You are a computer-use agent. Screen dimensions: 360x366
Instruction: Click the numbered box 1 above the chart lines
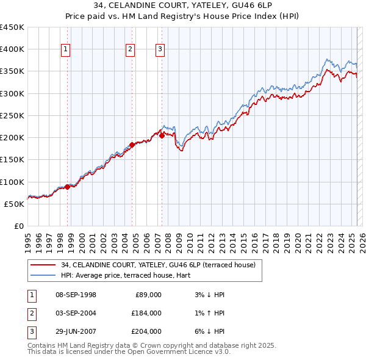65,50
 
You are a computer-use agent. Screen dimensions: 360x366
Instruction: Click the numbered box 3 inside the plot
160,50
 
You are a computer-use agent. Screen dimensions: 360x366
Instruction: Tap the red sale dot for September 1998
67,187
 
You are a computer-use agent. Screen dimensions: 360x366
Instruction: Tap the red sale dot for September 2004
132,145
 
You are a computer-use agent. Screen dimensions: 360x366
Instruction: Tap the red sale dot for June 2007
162,136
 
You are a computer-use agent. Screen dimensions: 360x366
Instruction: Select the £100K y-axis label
12,182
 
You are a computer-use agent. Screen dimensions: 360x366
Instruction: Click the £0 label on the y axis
18,226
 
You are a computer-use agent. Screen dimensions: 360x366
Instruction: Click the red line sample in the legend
43,265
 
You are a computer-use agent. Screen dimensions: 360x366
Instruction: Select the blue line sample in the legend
43,275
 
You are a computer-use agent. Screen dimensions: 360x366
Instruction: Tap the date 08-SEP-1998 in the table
76,295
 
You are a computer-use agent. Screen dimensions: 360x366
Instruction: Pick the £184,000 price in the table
146,313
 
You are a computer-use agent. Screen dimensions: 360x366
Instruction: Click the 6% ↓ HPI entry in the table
207,331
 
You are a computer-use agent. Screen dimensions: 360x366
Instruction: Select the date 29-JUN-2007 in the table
76,331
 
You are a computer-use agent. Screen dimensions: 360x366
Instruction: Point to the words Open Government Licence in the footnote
188,352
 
